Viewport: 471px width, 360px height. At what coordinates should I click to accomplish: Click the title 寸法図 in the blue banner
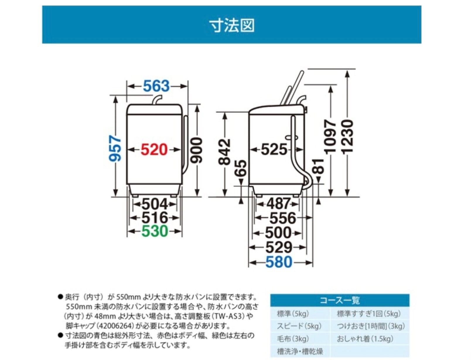pyautogui.click(x=232, y=25)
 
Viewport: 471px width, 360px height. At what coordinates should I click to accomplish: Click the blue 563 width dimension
pyautogui.click(x=156, y=86)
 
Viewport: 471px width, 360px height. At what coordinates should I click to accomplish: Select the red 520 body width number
pyautogui.click(x=154, y=150)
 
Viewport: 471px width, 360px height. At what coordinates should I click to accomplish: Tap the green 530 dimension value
pyautogui.click(x=154, y=231)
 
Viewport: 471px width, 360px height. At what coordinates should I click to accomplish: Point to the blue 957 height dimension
pyautogui.click(x=115, y=148)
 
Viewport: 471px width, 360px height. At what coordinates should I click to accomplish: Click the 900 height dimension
pyautogui.click(x=197, y=150)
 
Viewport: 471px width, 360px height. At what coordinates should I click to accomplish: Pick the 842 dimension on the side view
pyautogui.click(x=224, y=152)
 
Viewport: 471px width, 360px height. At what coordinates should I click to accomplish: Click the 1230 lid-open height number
pyautogui.click(x=347, y=137)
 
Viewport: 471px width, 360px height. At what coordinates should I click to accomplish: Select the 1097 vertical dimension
pyautogui.click(x=330, y=137)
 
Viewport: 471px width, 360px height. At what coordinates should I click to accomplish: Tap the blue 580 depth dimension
pyautogui.click(x=279, y=262)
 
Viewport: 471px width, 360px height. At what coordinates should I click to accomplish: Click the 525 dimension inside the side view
pyautogui.click(x=274, y=149)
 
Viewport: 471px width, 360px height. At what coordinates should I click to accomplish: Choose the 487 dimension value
pyautogui.click(x=278, y=203)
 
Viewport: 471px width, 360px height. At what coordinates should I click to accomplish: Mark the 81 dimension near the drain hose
pyautogui.click(x=318, y=167)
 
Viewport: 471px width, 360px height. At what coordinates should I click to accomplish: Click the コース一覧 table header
pyautogui.click(x=339, y=300)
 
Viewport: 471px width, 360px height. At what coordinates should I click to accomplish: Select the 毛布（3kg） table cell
pyautogui.click(x=293, y=339)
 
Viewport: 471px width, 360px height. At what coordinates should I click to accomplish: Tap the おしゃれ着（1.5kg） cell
pyautogui.click(x=365, y=339)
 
